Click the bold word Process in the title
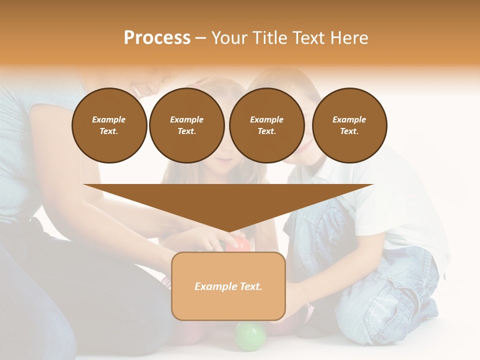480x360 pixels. (x=157, y=38)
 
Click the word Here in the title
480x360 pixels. (x=349, y=38)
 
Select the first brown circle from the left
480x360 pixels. (x=109, y=125)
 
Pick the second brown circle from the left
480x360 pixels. (x=186, y=125)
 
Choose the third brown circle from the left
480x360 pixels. (x=266, y=125)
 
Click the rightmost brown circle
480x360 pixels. (x=349, y=125)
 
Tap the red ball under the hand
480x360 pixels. (x=239, y=245)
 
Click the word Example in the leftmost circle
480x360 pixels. (x=109, y=119)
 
